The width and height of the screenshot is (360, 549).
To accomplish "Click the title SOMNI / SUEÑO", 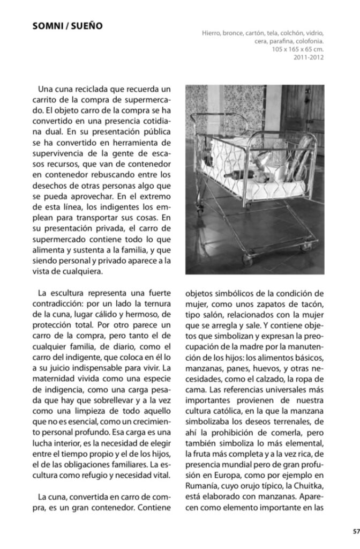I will [x=67, y=25].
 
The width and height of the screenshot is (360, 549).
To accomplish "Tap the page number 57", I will [x=356, y=532].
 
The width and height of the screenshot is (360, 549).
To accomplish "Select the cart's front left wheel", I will [x=248, y=260].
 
